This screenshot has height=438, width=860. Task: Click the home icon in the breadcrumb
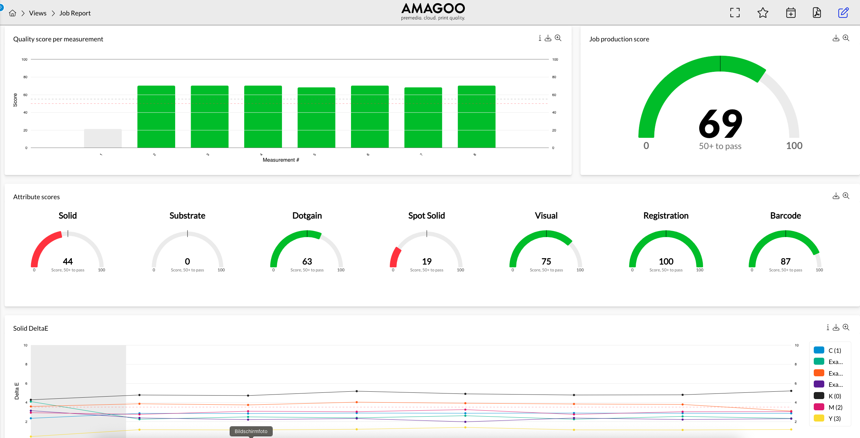click(x=13, y=13)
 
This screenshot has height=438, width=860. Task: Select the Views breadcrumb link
click(x=37, y=13)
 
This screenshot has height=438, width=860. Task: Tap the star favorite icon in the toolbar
click(x=763, y=13)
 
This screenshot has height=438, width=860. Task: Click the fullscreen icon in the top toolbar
click(x=735, y=13)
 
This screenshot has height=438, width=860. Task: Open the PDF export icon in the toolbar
click(x=817, y=13)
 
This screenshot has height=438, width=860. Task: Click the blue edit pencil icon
click(x=843, y=13)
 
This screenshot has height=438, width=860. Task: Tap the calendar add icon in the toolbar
click(x=791, y=13)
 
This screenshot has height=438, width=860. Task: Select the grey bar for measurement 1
click(x=103, y=139)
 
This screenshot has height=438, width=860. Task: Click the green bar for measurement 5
click(x=316, y=117)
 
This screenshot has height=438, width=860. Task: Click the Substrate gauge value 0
click(x=187, y=262)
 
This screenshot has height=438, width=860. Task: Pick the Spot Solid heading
click(x=426, y=216)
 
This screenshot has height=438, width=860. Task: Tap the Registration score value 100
click(x=666, y=262)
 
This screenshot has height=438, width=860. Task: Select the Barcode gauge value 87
click(x=785, y=262)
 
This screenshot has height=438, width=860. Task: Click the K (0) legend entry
click(x=834, y=396)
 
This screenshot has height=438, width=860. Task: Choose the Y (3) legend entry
click(x=834, y=419)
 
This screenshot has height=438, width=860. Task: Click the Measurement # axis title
click(x=281, y=160)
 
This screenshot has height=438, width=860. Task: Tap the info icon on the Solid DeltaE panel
click(x=828, y=328)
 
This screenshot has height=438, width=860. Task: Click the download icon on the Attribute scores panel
click(x=836, y=196)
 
